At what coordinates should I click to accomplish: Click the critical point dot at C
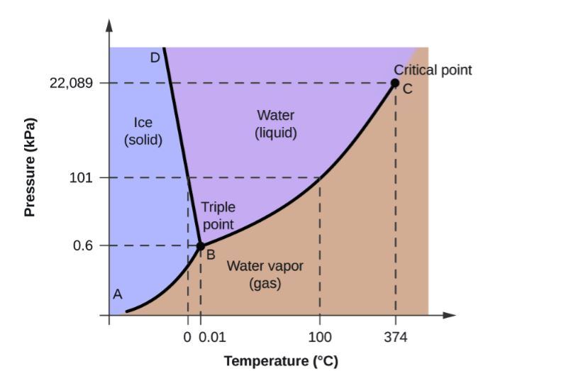point(395,83)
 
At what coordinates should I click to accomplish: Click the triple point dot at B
point(200,245)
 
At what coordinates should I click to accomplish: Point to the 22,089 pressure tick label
point(71,83)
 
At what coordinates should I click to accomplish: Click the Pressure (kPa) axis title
point(30,166)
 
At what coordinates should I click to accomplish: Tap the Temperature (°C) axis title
point(281,361)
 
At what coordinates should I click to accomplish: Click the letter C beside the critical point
point(407,89)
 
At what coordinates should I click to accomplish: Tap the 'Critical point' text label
point(433,70)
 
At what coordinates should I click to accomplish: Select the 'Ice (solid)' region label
point(143,131)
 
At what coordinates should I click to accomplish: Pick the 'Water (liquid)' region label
point(276,123)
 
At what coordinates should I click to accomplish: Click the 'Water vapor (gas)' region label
point(265,275)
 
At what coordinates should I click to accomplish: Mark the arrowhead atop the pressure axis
point(109,25)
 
